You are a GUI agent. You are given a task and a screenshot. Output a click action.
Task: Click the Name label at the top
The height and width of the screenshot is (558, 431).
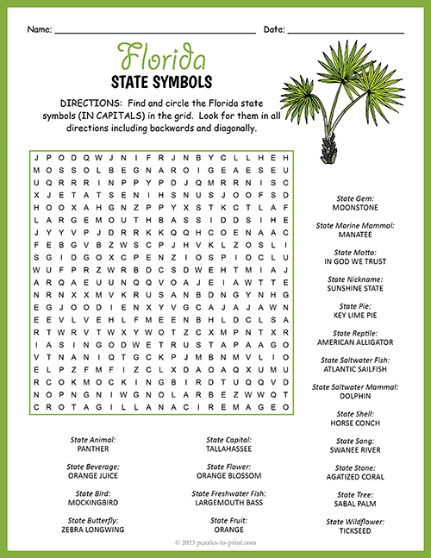pos(39,29)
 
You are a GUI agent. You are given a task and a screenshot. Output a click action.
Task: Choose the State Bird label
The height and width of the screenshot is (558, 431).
pos(92,494)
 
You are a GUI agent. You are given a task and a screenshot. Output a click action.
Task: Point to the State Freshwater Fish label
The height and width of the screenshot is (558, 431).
pos(228,494)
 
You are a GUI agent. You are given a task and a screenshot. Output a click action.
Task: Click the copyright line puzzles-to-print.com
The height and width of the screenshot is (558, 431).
pos(216,544)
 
